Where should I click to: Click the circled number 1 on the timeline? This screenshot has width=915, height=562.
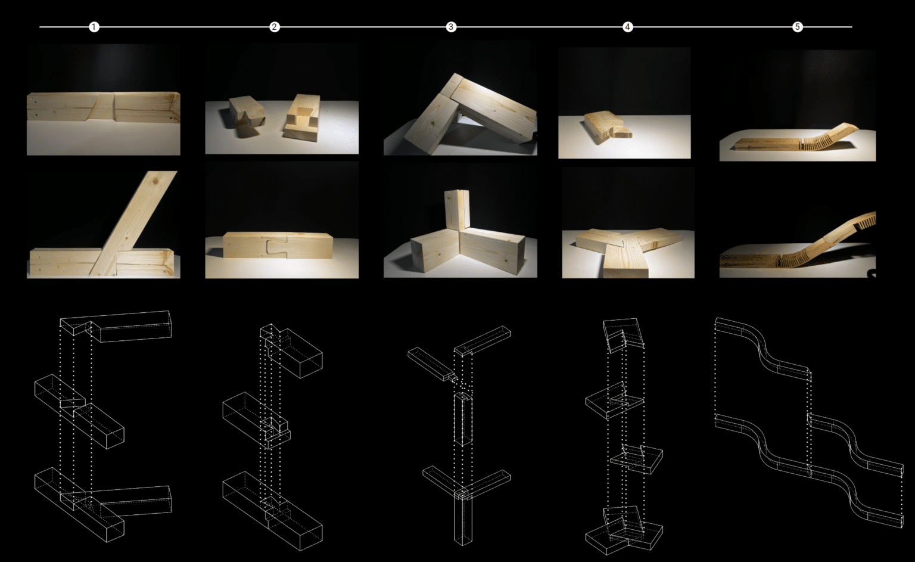point(94,27)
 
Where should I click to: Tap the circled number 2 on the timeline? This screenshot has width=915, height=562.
point(274,27)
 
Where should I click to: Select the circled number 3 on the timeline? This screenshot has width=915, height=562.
point(451,27)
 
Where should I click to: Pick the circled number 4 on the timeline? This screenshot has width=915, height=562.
point(627,27)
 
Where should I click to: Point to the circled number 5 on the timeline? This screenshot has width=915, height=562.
point(797,27)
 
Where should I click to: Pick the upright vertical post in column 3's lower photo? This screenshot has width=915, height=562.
point(456,209)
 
